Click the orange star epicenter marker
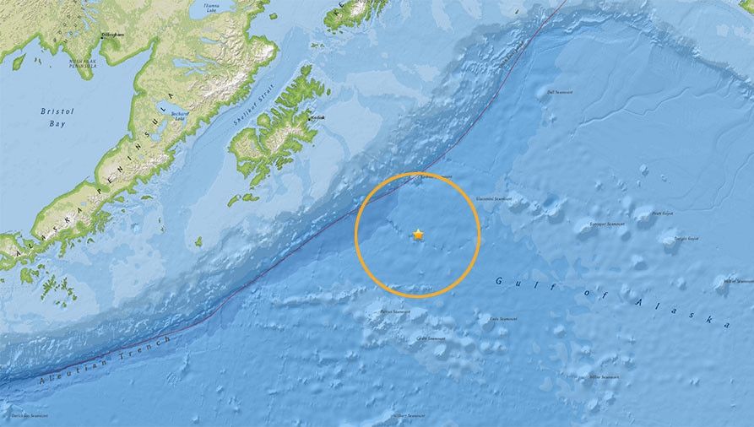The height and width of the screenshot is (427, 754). tap(418, 235)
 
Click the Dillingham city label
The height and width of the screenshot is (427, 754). tap(112, 35)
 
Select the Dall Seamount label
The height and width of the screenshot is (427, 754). tap(560, 92)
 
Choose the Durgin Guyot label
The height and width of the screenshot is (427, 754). tap(686, 239)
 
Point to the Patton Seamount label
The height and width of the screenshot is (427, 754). tap(393, 312)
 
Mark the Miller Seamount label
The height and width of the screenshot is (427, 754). tap(605, 376)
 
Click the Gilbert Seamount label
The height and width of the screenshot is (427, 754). tap(412, 415)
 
